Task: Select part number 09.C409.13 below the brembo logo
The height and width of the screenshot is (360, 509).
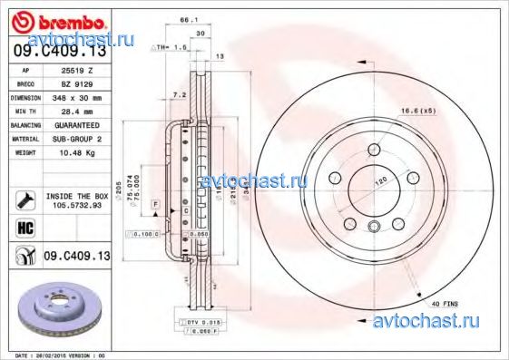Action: coord(55,52)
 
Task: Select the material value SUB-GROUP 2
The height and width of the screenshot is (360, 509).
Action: coord(83,138)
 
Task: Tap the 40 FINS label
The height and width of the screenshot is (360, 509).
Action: coord(436,303)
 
